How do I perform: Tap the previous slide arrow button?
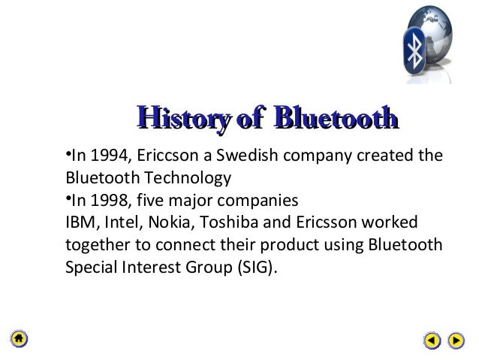click(431, 340)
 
